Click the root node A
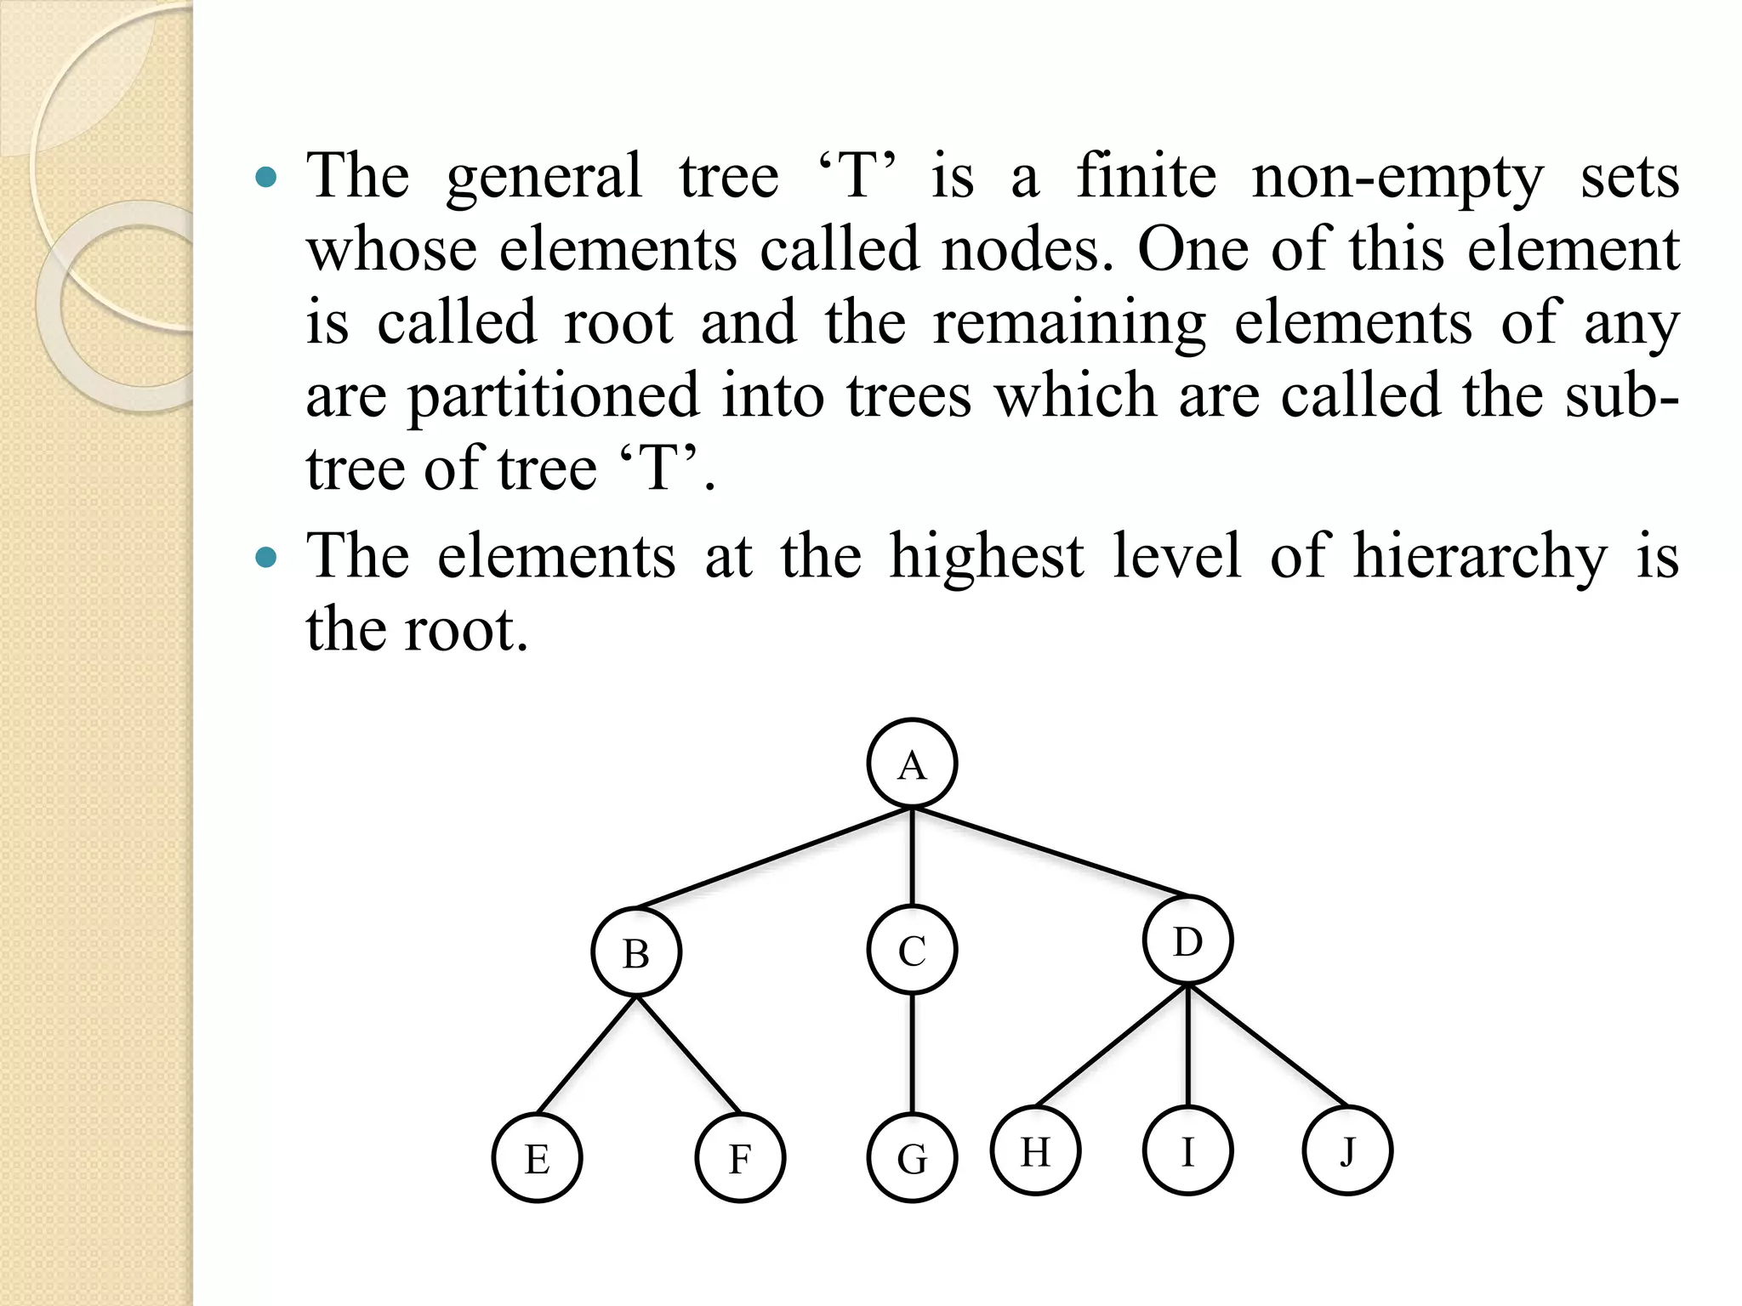(x=912, y=764)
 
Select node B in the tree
(x=636, y=951)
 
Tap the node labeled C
(x=912, y=950)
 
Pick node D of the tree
(x=1187, y=941)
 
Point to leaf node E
(x=537, y=1157)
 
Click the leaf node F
(x=740, y=1157)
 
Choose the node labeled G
(x=912, y=1157)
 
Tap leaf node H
(x=1035, y=1150)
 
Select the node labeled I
(x=1187, y=1150)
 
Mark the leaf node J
(x=1347, y=1150)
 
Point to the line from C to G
(x=912, y=1053)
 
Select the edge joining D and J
(x=1267, y=1045)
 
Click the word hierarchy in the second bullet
(x=1480, y=558)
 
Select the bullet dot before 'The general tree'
(x=266, y=178)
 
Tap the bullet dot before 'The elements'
(x=266, y=558)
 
